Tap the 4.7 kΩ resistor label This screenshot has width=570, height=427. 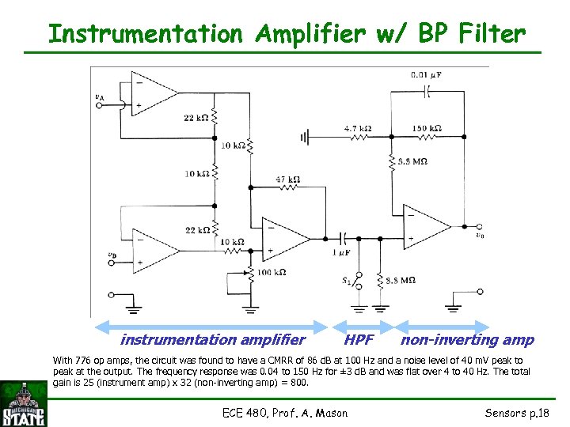[x=358, y=127]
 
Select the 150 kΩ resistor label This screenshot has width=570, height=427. [x=426, y=127]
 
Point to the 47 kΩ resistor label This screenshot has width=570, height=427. [x=287, y=179]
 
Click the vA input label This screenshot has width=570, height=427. [x=99, y=97]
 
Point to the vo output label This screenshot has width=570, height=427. [x=479, y=234]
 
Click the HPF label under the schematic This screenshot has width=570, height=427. [x=359, y=340]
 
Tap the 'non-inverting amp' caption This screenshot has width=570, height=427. [x=467, y=340]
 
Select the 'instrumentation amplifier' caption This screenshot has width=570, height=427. [x=212, y=340]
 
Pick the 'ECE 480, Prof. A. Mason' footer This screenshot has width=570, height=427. [x=286, y=412]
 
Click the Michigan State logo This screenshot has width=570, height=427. [x=24, y=404]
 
